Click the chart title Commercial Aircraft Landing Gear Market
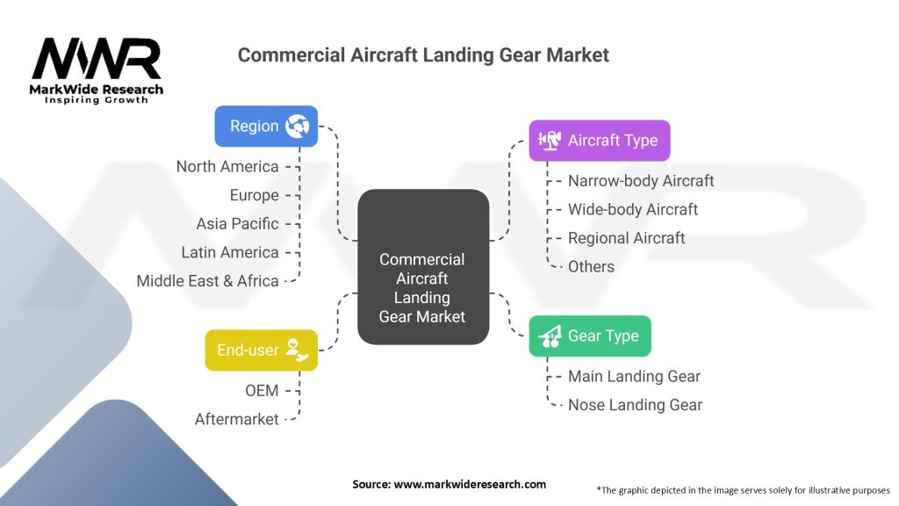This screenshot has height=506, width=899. point(423,54)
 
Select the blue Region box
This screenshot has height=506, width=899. point(266,126)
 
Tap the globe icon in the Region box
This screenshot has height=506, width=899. point(297,126)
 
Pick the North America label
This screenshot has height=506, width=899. point(227,167)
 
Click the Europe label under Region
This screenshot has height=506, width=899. point(255,195)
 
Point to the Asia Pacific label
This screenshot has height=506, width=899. point(237,223)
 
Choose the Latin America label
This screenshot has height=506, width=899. point(230,252)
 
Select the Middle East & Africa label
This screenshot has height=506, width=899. point(207,281)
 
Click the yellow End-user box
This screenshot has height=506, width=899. point(261,350)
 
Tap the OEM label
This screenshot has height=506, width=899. point(262,390)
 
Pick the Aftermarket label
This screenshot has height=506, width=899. point(237,419)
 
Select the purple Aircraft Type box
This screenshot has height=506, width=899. point(599,140)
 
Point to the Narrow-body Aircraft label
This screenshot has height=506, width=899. point(641,181)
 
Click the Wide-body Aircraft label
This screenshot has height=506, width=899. point(633,209)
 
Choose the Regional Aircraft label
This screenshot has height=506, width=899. point(626,238)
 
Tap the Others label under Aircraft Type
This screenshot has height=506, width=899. point(591,266)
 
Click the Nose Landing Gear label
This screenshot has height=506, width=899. point(635,405)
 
